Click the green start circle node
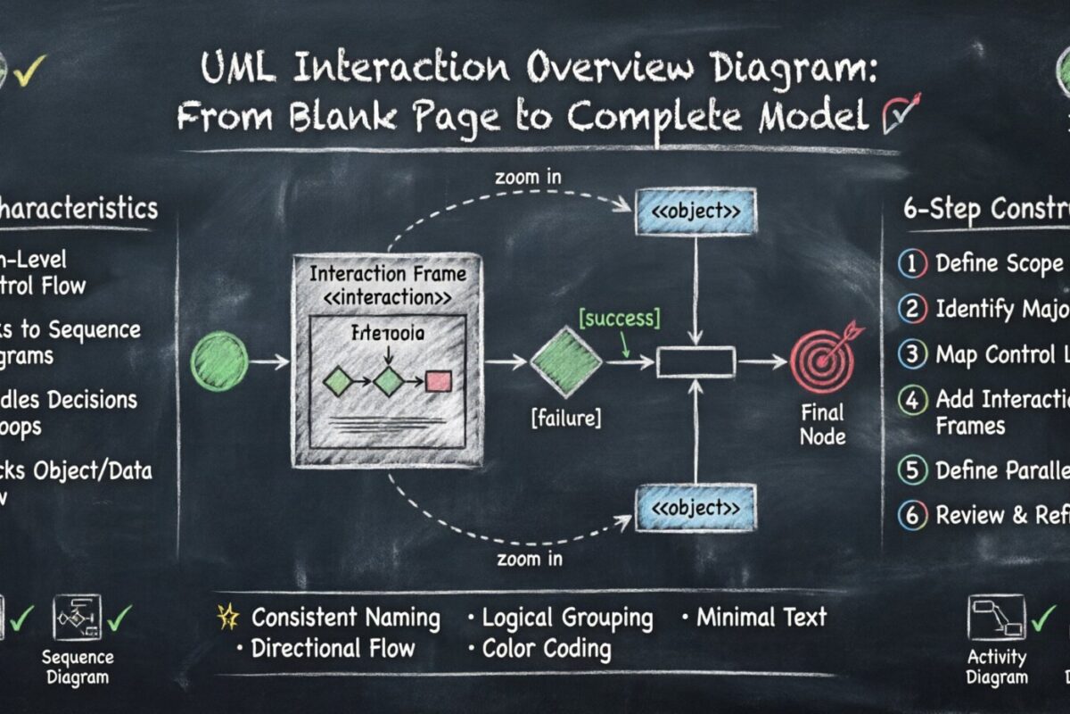click(x=218, y=361)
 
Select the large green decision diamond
click(x=566, y=361)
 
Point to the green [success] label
click(x=619, y=318)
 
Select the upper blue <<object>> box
click(x=695, y=212)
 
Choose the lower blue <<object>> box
click(x=695, y=507)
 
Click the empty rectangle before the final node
click(x=695, y=362)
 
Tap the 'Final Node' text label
click(x=821, y=425)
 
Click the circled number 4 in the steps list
click(x=911, y=400)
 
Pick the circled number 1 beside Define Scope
click(x=911, y=263)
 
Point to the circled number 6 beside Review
click(x=911, y=516)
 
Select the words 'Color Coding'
click(x=547, y=648)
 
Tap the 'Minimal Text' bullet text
click(x=761, y=617)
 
